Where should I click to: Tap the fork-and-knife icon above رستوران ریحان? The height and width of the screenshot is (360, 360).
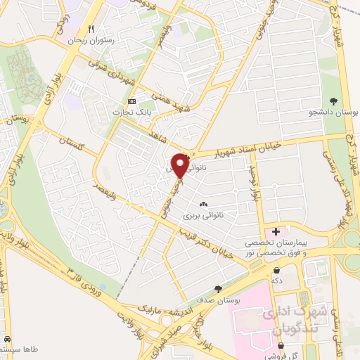click(x=91, y=30)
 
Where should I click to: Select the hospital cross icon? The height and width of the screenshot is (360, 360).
click(x=276, y=231)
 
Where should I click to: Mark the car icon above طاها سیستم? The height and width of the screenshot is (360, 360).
click(x=7, y=337)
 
